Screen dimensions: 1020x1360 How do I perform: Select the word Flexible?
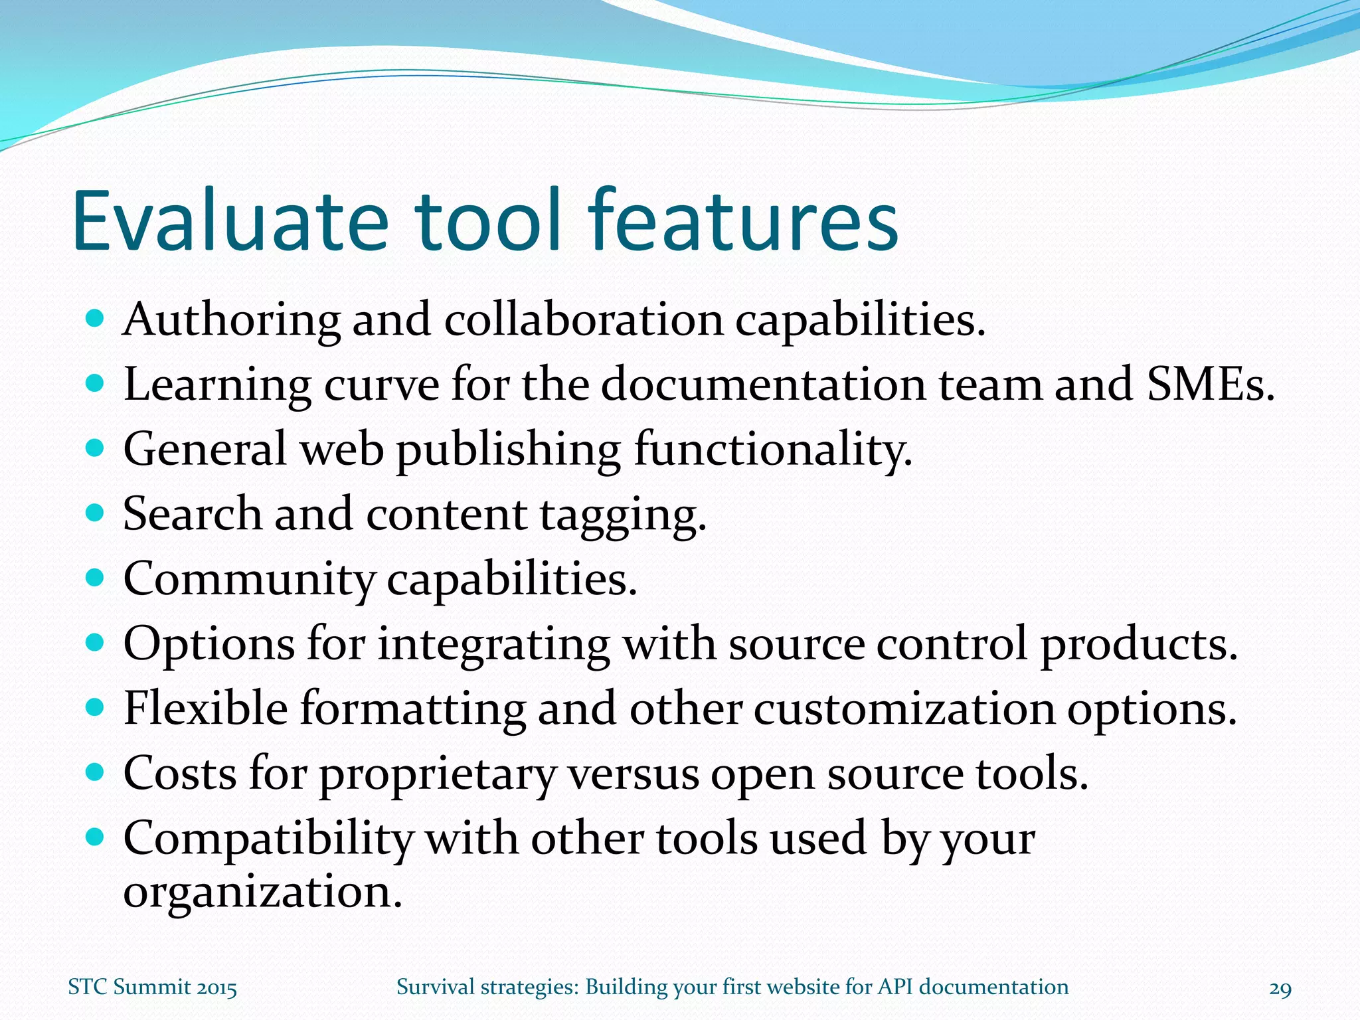[x=206, y=709]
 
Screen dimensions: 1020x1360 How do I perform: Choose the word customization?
[x=904, y=709]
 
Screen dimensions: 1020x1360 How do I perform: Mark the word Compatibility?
[x=268, y=839]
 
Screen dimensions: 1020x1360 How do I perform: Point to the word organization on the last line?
[x=262, y=892]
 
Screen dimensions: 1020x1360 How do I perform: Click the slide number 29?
[x=1280, y=989]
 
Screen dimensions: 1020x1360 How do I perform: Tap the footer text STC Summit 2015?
[x=153, y=987]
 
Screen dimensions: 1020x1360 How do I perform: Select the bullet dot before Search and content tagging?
[x=96, y=513]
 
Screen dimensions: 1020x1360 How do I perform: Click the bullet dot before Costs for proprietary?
[x=96, y=772]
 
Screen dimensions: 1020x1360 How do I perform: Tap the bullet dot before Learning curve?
[x=96, y=383]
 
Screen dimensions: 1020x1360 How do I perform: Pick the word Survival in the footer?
[x=435, y=987]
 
